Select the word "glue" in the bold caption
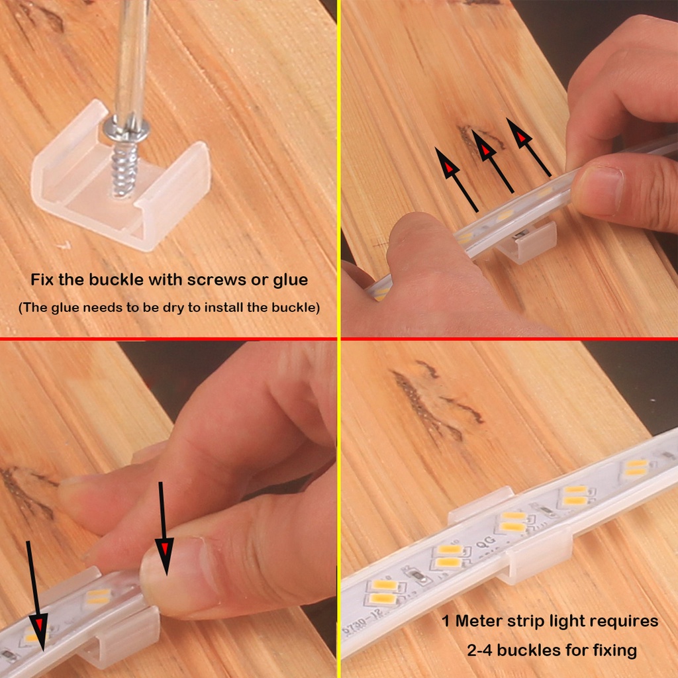[x=290, y=280]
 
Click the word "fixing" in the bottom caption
[x=614, y=651]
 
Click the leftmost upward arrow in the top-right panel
[x=456, y=179]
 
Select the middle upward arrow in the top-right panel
[x=493, y=161]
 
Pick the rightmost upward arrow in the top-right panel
[x=528, y=147]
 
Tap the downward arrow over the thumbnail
[x=164, y=528]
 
